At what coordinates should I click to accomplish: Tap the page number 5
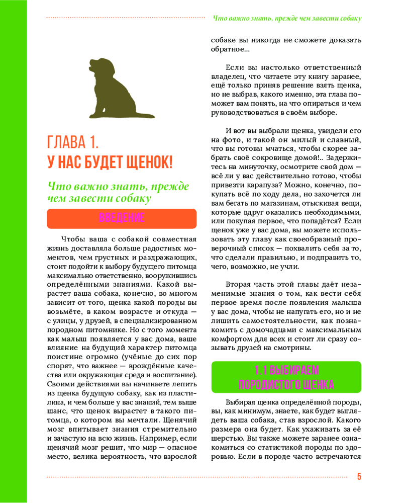pyautogui.click(x=359, y=477)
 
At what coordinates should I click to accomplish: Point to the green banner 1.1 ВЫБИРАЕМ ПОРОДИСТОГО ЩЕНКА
pyautogui.click(x=286, y=377)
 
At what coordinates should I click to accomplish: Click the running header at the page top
pyautogui.click(x=287, y=18)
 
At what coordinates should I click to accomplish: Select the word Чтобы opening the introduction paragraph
pyautogui.click(x=72, y=238)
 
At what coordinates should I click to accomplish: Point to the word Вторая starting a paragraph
pyautogui.click(x=239, y=284)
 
